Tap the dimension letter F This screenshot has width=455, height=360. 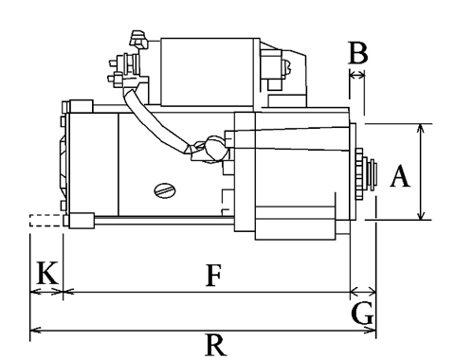point(213,276)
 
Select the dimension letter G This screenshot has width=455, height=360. point(362,315)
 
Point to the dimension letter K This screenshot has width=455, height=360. point(47,273)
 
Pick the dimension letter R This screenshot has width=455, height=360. point(216,345)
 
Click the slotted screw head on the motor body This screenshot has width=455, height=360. point(165,190)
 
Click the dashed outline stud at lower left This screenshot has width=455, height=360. point(46,221)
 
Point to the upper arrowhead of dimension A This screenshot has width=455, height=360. point(421,128)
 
